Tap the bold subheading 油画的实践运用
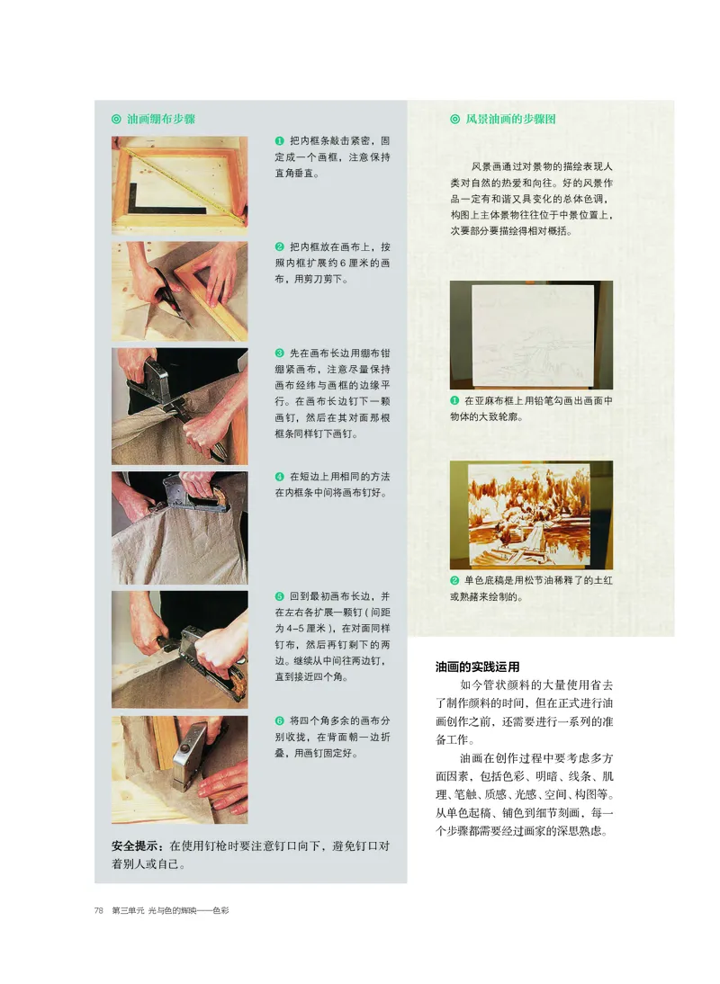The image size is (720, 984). point(478,667)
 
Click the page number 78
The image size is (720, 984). point(99,910)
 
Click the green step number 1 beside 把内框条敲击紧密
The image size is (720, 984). point(279,141)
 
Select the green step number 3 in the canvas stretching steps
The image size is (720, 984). point(279,352)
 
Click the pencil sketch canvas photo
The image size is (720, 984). point(531,335)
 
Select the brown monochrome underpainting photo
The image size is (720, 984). point(531,514)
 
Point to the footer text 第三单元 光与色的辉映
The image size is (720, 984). point(171,910)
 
